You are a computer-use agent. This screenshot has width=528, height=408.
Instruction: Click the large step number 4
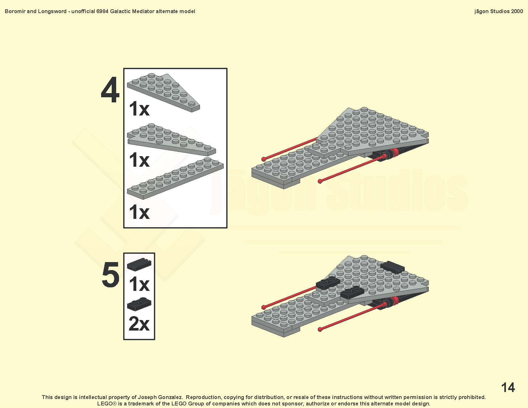(x=110, y=90)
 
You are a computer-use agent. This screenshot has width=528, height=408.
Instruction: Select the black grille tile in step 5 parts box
(x=139, y=264)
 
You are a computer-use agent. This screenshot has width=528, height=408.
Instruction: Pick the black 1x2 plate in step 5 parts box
(x=139, y=304)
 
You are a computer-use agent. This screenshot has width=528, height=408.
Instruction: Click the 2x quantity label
(x=139, y=324)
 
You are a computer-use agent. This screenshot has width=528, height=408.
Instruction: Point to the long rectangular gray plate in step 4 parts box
(x=175, y=178)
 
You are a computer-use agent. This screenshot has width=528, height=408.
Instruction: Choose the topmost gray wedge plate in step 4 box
(x=163, y=92)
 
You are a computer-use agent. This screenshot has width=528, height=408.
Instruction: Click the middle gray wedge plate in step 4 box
(x=171, y=139)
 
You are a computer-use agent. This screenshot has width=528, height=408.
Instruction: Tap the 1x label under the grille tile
(x=139, y=284)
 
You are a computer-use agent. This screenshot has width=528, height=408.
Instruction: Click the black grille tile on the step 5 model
(x=392, y=267)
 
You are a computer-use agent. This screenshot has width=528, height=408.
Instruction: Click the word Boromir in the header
(x=15, y=12)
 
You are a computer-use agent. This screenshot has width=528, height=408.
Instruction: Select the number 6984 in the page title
(x=102, y=12)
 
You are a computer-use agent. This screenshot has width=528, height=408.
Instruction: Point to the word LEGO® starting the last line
(x=107, y=404)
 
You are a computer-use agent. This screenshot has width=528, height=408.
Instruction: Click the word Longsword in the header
(x=52, y=12)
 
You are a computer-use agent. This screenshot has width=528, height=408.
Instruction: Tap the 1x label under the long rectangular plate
(x=139, y=212)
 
